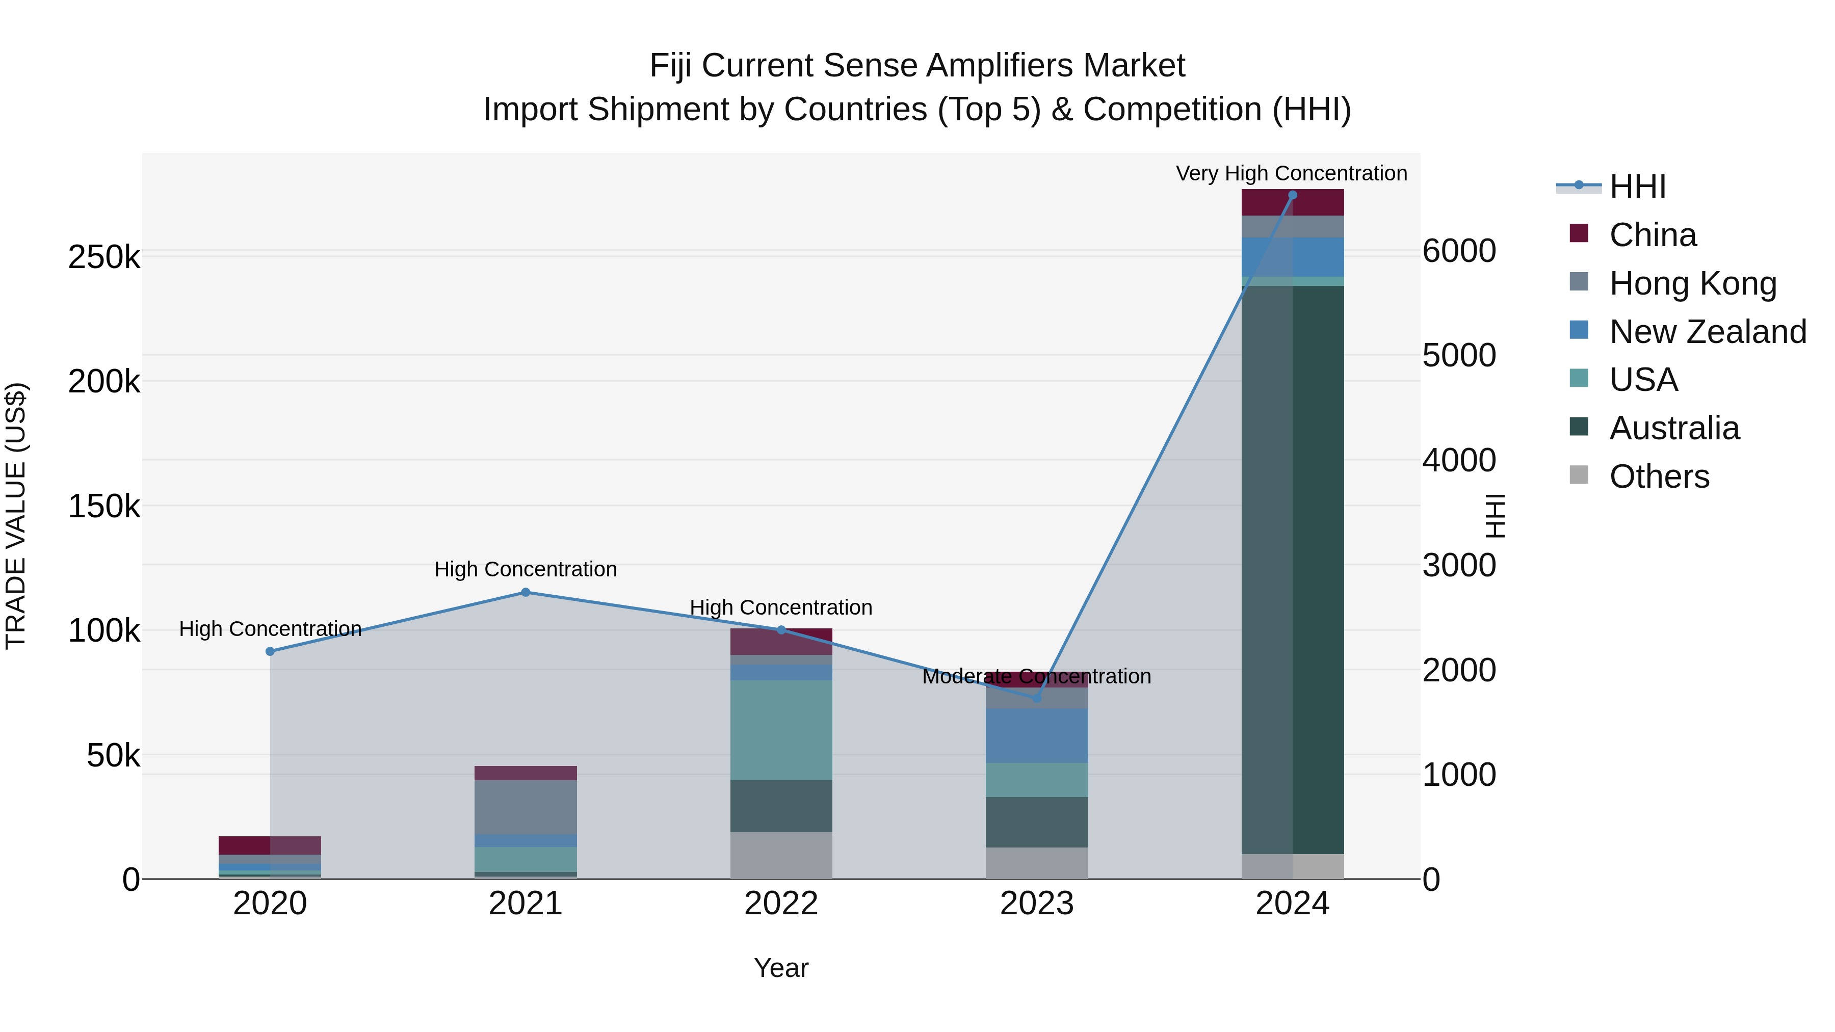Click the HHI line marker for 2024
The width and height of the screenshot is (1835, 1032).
pyautogui.click(x=1292, y=195)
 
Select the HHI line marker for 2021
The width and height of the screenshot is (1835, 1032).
pyautogui.click(x=526, y=592)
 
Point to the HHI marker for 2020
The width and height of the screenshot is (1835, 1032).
pyautogui.click(x=270, y=651)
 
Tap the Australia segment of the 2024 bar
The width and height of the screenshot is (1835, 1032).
pyautogui.click(x=1292, y=570)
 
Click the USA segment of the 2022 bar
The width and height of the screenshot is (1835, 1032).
pyautogui.click(x=781, y=730)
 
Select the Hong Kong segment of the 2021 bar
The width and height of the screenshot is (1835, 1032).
pyautogui.click(x=526, y=807)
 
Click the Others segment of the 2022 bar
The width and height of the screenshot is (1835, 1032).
pyautogui.click(x=781, y=855)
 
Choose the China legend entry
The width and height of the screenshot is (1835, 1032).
pyautogui.click(x=1653, y=235)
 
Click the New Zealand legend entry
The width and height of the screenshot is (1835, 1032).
pyautogui.click(x=1708, y=332)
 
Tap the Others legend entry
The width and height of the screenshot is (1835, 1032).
pyautogui.click(x=1659, y=477)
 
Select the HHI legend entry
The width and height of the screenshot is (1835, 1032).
pyautogui.click(x=1637, y=187)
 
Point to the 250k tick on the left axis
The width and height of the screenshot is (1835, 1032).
pyautogui.click(x=104, y=257)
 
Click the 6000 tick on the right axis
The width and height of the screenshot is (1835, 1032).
pyautogui.click(x=1459, y=251)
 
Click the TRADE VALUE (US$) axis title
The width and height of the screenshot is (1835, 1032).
pyautogui.click(x=16, y=516)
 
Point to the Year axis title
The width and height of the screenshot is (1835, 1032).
pyautogui.click(x=781, y=968)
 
